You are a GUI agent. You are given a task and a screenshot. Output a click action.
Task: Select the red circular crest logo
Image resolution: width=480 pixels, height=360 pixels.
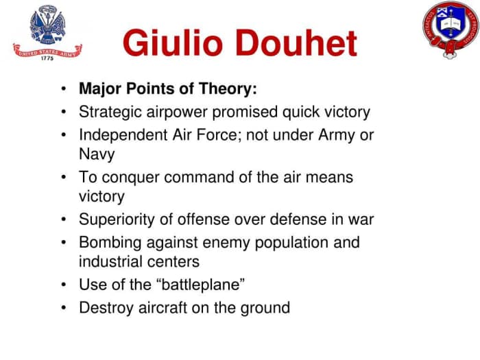(x=449, y=29)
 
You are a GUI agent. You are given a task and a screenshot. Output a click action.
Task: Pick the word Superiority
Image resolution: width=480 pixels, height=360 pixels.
(x=118, y=220)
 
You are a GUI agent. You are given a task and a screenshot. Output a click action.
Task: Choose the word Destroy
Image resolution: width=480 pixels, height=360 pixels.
(x=105, y=307)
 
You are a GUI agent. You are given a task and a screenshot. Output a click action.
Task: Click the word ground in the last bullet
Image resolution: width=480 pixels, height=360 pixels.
(x=266, y=308)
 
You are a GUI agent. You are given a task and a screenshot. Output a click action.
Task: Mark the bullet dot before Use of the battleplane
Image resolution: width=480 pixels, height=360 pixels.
(x=64, y=285)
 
